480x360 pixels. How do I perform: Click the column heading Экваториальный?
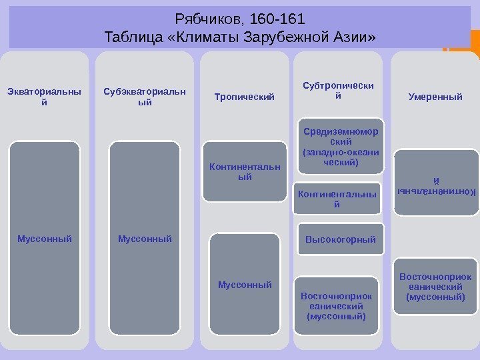coord(45,97)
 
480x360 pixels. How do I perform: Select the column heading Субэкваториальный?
coord(145,97)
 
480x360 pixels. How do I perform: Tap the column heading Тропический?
coord(244,97)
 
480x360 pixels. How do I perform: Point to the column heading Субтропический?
coord(338,91)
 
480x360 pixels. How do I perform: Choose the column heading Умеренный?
coord(435,97)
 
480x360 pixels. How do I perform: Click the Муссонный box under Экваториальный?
coord(45,238)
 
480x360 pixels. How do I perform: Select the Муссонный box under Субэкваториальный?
coord(145,238)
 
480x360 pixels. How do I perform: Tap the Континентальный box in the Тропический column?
coord(244,171)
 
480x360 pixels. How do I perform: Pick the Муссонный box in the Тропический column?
coord(245,285)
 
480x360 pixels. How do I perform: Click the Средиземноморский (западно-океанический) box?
coord(340,147)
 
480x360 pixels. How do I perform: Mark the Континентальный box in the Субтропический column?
coord(337,199)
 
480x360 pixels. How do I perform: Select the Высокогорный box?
coord(340,239)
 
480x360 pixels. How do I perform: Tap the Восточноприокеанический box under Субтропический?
coord(336,306)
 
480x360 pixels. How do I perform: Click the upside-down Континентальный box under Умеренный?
coord(436,183)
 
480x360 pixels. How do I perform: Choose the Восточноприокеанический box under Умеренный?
coord(435,287)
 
